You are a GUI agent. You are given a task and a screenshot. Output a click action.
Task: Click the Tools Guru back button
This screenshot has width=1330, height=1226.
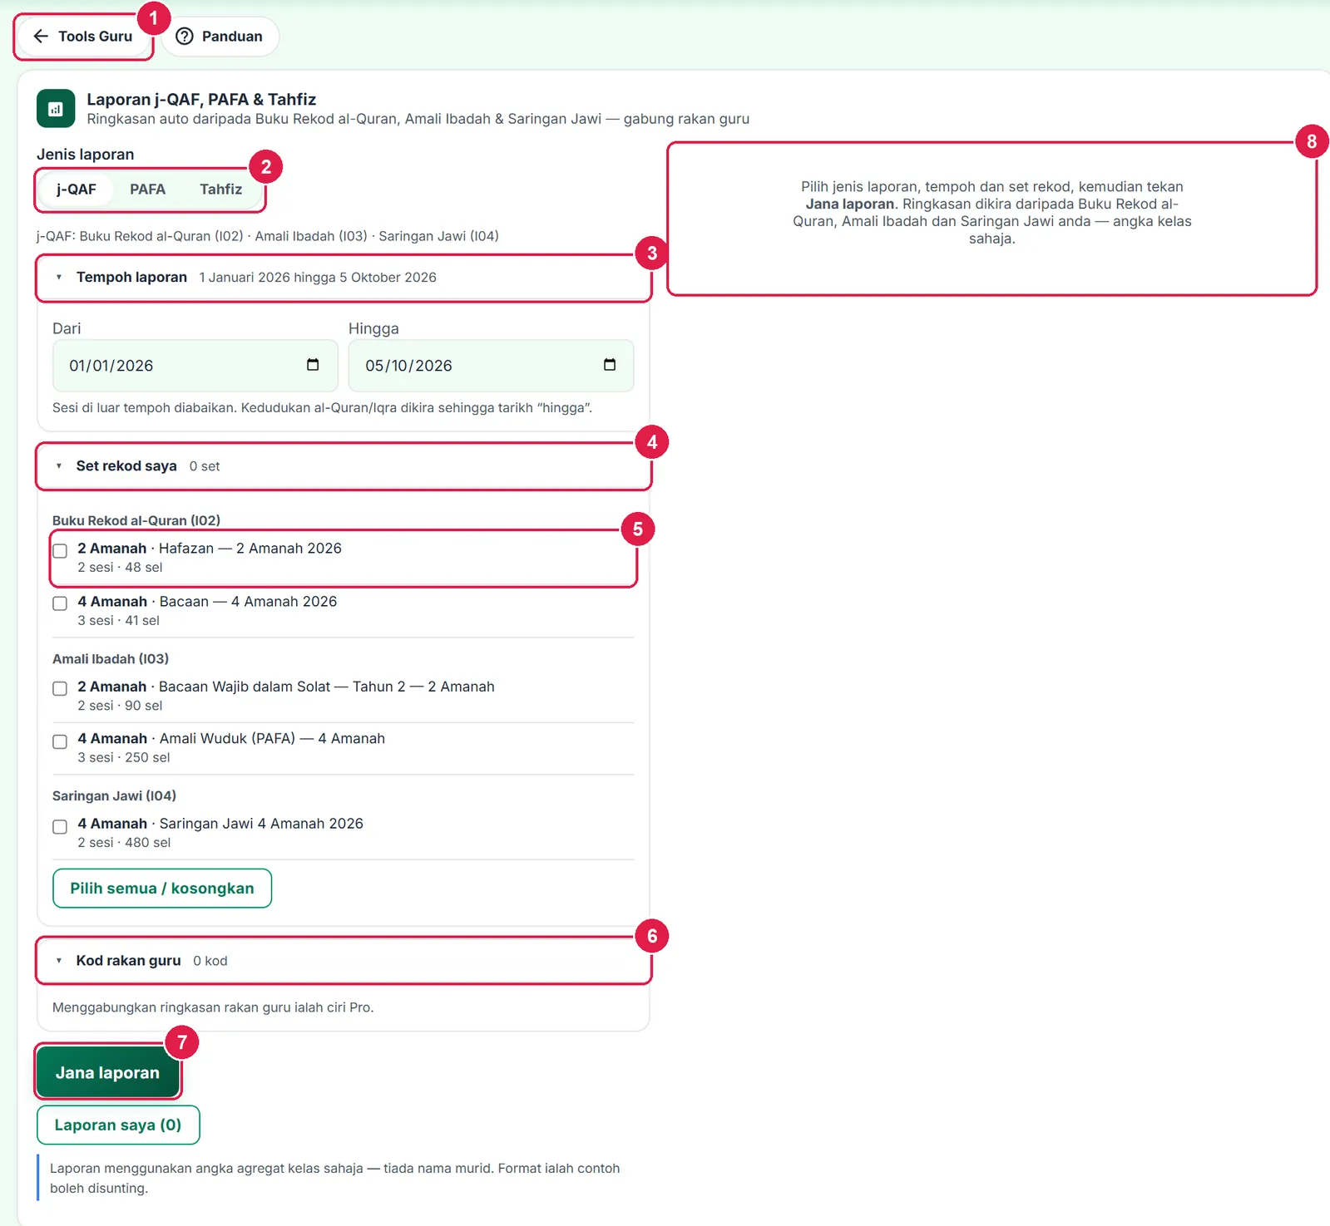(83, 37)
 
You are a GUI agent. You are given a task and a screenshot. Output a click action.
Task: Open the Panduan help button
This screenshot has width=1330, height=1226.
(220, 37)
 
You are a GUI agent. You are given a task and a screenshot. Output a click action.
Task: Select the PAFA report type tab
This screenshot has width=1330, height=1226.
(147, 190)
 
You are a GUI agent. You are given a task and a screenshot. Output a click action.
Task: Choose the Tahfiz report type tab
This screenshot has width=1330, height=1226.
(220, 190)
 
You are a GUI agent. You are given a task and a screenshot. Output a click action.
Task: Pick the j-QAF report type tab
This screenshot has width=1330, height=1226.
(77, 190)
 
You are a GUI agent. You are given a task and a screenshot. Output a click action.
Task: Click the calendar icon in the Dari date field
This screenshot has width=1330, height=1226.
(313, 365)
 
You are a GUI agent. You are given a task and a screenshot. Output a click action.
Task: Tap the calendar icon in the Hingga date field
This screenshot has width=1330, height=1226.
(610, 365)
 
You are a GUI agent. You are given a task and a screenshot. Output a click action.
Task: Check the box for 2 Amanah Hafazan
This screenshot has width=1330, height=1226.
(60, 551)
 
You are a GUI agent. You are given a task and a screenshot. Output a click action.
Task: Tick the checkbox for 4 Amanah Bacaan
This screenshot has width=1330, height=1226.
(60, 603)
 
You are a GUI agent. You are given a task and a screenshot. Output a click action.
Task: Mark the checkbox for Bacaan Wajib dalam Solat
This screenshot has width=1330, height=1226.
(60, 688)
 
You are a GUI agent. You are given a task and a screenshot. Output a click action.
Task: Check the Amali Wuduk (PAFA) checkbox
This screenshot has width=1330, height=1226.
(60, 741)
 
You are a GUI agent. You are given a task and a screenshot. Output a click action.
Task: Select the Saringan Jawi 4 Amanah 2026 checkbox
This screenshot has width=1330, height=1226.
(60, 826)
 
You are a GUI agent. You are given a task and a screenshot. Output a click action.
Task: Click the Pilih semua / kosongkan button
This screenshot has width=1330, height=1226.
(162, 889)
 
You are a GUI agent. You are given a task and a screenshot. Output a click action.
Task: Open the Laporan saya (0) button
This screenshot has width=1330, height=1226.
(118, 1125)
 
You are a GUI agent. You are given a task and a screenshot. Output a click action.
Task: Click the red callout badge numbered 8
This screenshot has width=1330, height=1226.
(1312, 141)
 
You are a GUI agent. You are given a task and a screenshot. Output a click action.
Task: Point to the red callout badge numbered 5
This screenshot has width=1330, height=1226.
(638, 529)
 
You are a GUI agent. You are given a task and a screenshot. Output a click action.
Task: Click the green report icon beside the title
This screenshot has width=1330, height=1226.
(56, 109)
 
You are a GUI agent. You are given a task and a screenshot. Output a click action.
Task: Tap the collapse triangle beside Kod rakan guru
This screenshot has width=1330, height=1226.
(59, 961)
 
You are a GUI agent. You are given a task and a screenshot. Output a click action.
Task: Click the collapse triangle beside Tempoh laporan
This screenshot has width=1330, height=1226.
(59, 278)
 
